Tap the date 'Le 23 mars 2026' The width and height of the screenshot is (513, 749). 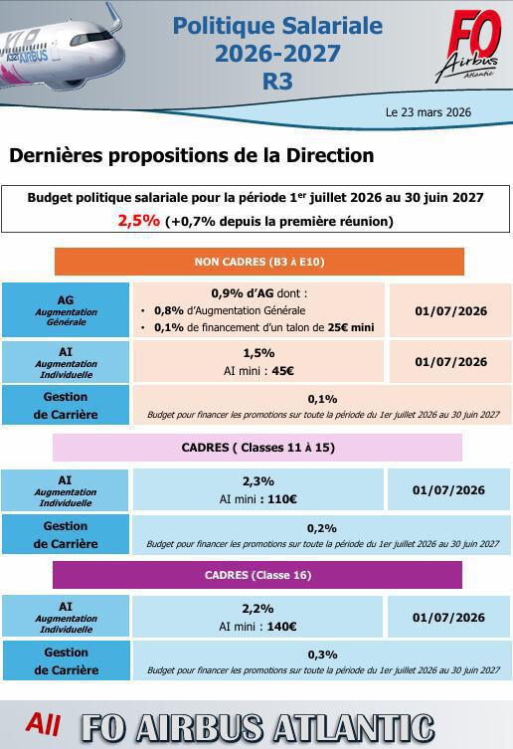(427, 112)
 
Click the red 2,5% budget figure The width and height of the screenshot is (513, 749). (138, 220)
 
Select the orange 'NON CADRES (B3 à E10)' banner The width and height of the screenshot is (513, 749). (258, 262)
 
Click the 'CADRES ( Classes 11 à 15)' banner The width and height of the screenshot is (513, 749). (257, 448)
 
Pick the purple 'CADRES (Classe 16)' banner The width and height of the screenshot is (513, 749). (257, 575)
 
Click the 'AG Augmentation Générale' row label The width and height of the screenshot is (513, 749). (66, 309)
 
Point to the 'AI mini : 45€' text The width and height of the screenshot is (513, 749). (257, 371)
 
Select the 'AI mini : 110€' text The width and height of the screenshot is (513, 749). (257, 498)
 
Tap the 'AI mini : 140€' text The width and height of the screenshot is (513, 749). (257, 627)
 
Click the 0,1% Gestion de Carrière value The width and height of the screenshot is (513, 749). (322, 398)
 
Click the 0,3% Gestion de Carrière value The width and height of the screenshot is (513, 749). (322, 654)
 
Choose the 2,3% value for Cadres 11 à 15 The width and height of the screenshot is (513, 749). (257, 481)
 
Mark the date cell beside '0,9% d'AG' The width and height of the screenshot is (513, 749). (450, 311)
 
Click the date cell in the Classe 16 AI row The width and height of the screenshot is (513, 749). (448, 618)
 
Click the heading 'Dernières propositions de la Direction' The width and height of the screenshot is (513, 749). (191, 155)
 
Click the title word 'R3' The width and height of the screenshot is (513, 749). (277, 82)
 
